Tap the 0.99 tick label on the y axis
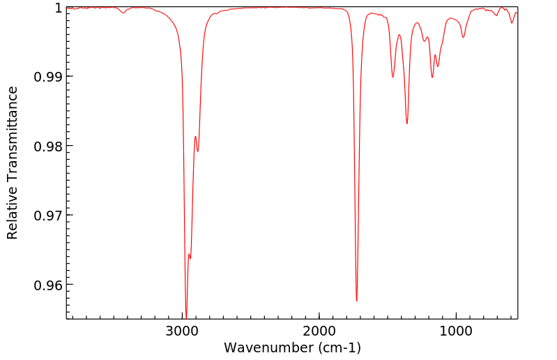coord(47,76)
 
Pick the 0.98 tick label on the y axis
coord(47,146)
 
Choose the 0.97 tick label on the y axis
coord(47,215)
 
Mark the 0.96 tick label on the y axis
coord(47,285)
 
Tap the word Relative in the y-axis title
coord(13,209)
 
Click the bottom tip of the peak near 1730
coord(357,301)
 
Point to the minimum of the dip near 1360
coord(407,123)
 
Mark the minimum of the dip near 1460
coord(393,77)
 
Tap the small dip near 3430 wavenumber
coord(123,13)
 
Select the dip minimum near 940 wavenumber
coord(464,37)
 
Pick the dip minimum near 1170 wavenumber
coord(432,77)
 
